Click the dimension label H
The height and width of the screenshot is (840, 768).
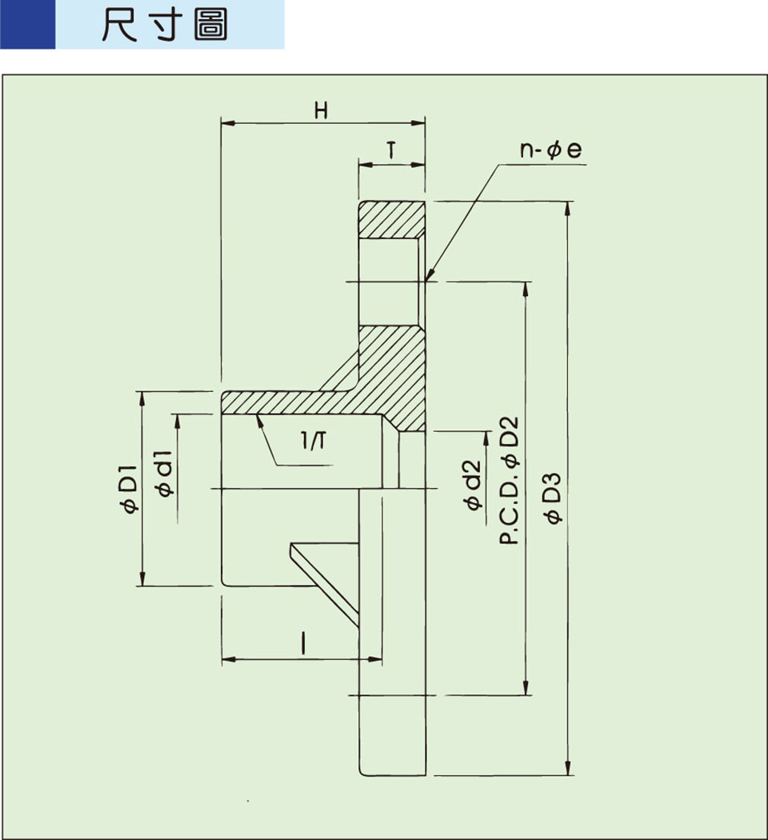[321, 111]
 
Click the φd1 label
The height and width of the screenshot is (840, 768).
[165, 478]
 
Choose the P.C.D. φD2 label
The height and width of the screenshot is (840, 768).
[510, 480]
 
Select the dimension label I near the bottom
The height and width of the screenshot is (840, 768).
[304, 643]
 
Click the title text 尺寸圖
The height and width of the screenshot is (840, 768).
[165, 26]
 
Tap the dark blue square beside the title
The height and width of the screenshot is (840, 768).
[27, 25]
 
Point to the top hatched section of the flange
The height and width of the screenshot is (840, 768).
[390, 218]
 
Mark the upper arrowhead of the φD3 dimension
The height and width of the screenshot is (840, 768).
[569, 207]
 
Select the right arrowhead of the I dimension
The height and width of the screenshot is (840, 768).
[377, 659]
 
